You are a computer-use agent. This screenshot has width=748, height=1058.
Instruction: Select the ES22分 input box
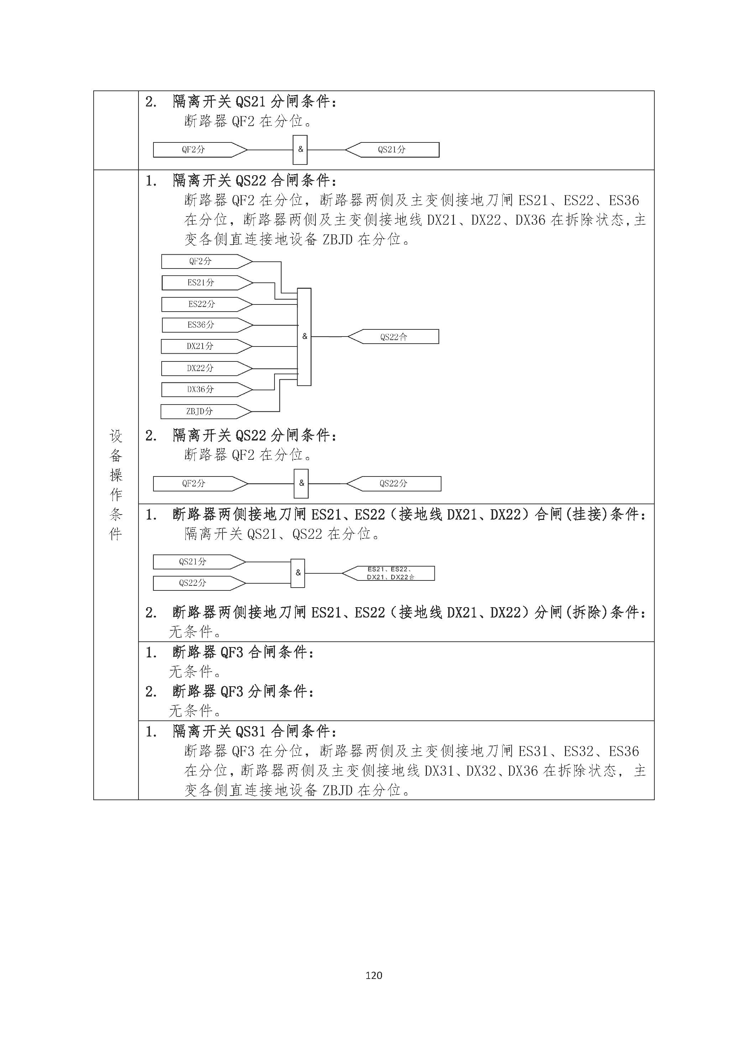tap(201, 304)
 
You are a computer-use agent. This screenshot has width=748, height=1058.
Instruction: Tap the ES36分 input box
tap(201, 325)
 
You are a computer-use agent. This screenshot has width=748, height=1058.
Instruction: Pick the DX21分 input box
tap(200, 346)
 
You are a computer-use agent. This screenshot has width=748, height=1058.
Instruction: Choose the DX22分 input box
tap(200, 368)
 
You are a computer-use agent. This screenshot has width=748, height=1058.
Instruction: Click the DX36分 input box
tap(200, 389)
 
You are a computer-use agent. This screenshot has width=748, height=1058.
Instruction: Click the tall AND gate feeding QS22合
tap(304, 337)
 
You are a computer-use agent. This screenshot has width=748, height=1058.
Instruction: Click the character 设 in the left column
tap(116, 436)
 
